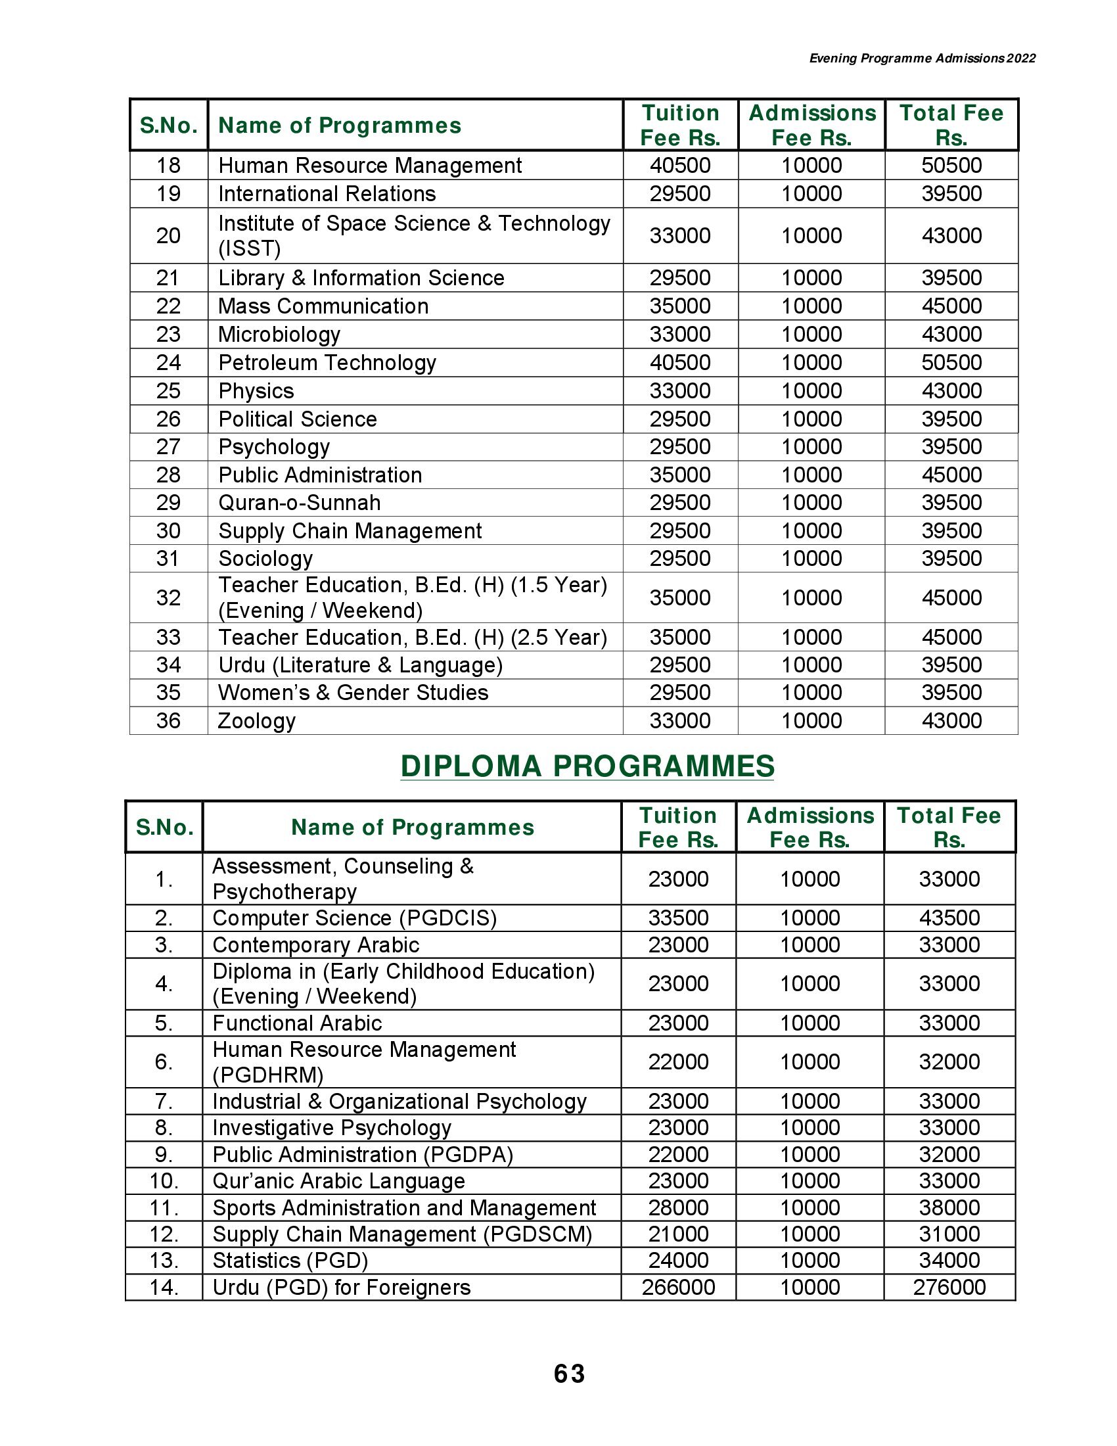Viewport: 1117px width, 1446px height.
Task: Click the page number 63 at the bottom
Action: point(569,1374)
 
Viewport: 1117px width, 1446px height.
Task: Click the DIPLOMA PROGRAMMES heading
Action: point(587,766)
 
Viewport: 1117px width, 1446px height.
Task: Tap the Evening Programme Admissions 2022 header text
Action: point(922,58)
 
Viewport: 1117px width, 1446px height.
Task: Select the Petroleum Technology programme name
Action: point(327,363)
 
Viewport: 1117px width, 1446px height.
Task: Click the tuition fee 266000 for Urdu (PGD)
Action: point(678,1287)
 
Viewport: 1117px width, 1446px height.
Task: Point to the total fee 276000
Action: point(949,1287)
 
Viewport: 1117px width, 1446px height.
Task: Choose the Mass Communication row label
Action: point(323,306)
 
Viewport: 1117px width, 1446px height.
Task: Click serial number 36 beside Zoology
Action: point(168,720)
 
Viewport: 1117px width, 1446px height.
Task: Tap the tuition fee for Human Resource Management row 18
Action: point(679,166)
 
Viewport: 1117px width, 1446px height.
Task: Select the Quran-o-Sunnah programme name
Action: point(299,503)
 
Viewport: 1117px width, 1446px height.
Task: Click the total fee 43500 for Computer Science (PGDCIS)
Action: point(949,918)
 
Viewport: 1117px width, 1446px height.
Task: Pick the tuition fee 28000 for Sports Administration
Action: point(678,1207)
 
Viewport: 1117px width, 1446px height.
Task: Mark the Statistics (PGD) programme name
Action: point(290,1261)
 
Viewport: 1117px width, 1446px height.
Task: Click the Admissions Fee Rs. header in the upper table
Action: point(812,125)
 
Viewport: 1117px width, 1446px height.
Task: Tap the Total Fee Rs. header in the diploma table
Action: point(949,827)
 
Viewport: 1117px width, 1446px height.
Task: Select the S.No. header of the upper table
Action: point(169,125)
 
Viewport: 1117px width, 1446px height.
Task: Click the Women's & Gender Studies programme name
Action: point(353,693)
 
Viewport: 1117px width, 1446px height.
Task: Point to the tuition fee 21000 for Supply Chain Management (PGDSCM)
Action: point(678,1234)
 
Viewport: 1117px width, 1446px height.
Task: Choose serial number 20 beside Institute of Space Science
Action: point(168,236)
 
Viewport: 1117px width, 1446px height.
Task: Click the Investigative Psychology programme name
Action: point(332,1127)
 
